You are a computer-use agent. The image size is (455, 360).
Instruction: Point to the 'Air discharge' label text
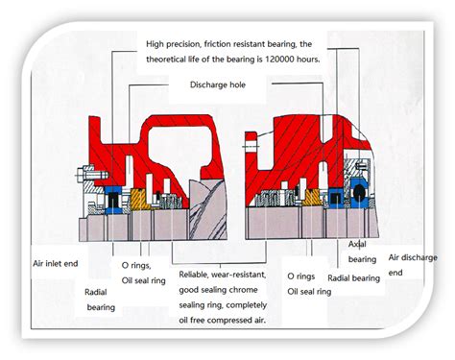408,257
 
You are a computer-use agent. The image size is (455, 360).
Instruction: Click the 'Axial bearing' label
362,252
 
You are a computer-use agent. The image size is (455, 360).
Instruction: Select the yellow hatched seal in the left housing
138,200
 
